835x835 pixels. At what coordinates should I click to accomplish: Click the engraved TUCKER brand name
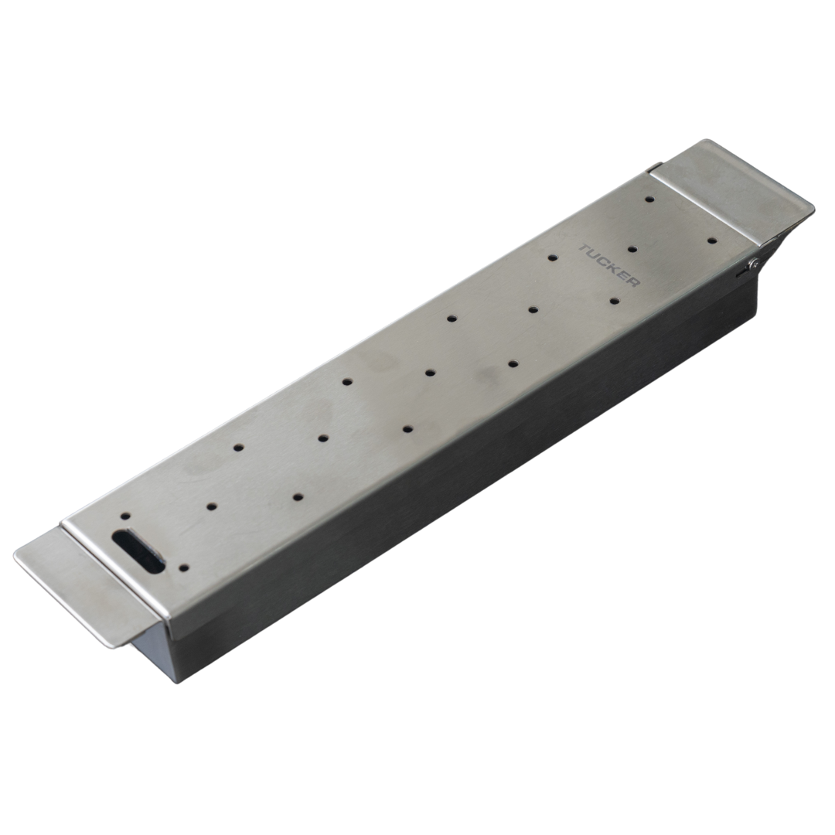(x=609, y=266)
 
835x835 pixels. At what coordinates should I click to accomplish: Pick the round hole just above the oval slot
(x=126, y=516)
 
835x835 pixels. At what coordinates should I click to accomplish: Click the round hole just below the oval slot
(x=184, y=568)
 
